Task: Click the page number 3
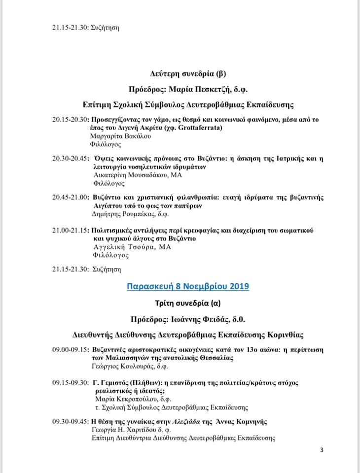click(322, 449)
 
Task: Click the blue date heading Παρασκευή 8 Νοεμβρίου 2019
click(188, 286)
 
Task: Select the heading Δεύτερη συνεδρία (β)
click(188, 74)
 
